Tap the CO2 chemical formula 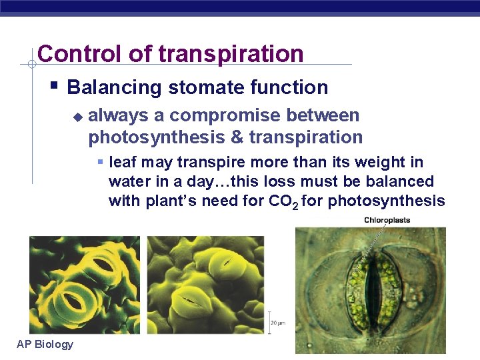(x=284, y=201)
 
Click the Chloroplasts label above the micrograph (x=387, y=220)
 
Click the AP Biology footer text (x=45, y=344)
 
